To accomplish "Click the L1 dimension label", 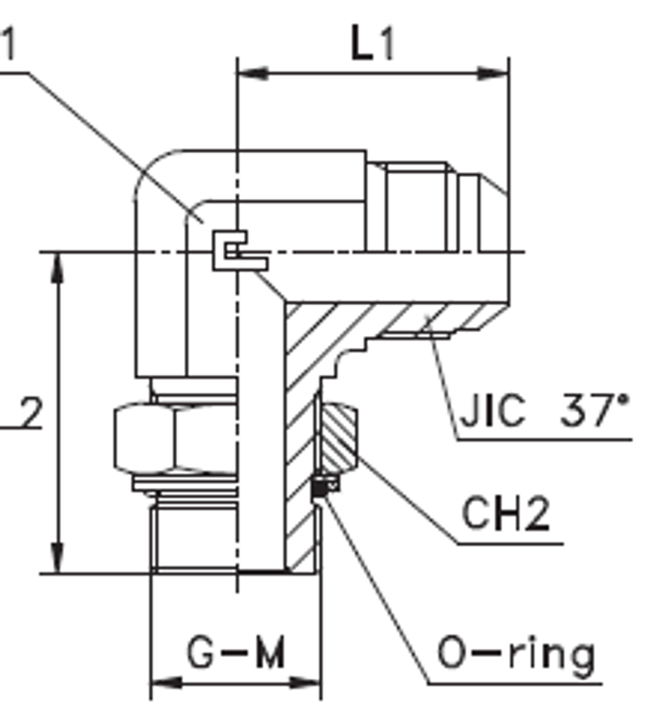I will click(373, 46).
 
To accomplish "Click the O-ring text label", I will click(516, 654).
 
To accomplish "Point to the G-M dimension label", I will click(236, 654).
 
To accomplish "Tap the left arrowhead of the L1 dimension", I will click(252, 73).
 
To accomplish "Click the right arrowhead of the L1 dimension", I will click(494, 73).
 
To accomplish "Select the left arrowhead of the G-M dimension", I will click(165, 682).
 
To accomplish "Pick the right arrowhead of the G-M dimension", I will click(307, 682).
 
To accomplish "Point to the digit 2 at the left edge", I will click(29, 413).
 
